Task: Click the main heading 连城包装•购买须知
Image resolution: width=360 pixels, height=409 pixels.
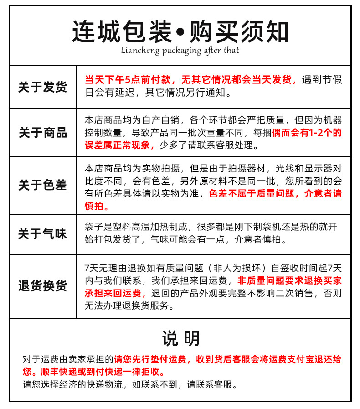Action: pos(180,31)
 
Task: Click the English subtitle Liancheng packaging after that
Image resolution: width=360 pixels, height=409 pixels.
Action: pos(180,50)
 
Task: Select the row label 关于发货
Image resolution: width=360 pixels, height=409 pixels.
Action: pos(42,87)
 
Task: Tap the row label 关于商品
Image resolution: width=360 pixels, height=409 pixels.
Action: pos(42,133)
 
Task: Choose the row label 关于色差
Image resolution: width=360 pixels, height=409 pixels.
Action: pos(42,185)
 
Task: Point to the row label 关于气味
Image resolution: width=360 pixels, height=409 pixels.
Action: pos(42,234)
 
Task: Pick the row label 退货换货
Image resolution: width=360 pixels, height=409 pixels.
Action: pos(42,286)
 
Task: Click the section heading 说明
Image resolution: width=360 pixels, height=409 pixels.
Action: pos(180,339)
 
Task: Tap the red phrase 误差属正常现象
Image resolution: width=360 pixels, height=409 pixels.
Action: pos(117,145)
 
